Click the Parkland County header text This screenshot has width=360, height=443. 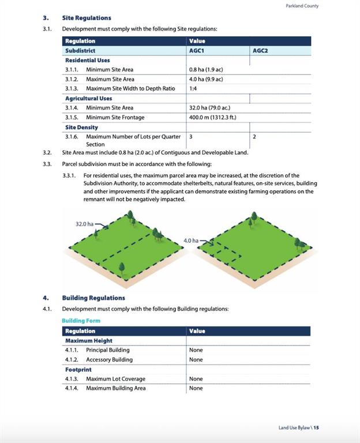click(302, 6)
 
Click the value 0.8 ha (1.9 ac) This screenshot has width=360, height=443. click(206, 70)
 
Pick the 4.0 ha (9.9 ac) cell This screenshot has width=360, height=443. click(206, 79)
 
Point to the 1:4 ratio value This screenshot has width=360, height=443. click(194, 89)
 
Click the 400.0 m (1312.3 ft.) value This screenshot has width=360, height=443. click(213, 118)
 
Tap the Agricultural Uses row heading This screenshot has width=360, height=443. click(88, 99)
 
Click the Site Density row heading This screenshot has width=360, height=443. click(81, 127)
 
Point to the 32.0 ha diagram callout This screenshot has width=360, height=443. click(84, 223)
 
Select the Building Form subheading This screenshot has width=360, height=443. click(81, 320)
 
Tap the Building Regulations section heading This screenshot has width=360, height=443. click(93, 298)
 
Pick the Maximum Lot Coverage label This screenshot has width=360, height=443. click(115, 379)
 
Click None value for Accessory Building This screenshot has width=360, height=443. click(196, 359)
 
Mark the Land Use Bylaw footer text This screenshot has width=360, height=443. click(298, 427)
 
